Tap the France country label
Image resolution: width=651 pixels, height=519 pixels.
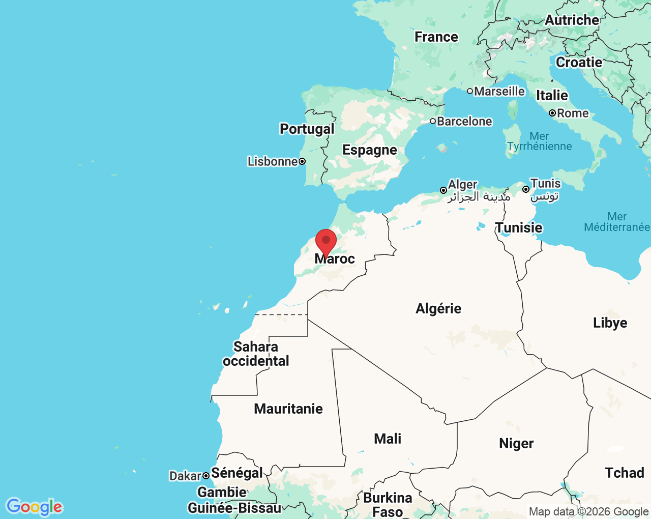pos(436,37)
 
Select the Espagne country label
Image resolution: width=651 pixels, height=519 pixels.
pos(370,150)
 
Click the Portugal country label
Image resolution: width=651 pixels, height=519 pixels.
pos(307,129)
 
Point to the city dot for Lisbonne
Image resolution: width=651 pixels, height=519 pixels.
pos(302,161)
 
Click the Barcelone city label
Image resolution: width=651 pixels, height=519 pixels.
pos(464,122)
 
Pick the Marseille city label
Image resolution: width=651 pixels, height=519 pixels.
pos(499,92)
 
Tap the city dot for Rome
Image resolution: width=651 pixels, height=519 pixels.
pos(552,113)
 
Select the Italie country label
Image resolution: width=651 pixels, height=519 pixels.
pos(552,96)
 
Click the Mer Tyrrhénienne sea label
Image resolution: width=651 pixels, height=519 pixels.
pos(539,141)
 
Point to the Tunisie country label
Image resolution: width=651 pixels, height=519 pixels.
pos(519,228)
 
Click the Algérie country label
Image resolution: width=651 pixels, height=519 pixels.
pos(438,309)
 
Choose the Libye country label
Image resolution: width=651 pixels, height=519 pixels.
pos(610,323)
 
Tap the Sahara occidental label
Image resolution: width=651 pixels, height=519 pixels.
pos(256,354)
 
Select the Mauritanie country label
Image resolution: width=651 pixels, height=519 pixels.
pos(288,409)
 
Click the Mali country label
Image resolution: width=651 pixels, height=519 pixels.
pos(388,439)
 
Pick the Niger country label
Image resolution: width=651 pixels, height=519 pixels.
pos(516,444)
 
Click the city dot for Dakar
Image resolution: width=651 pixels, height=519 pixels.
pos(206,476)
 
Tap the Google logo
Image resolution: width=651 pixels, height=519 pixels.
pos(34,507)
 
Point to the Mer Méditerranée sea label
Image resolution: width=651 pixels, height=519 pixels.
pos(616,222)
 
